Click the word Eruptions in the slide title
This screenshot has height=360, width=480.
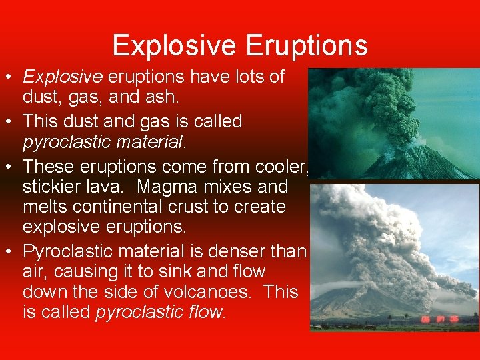click(x=307, y=46)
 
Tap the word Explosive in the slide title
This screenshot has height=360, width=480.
click(x=174, y=46)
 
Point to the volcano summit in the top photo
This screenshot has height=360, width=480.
click(x=413, y=144)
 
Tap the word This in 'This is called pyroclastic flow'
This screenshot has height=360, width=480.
click(x=280, y=292)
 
